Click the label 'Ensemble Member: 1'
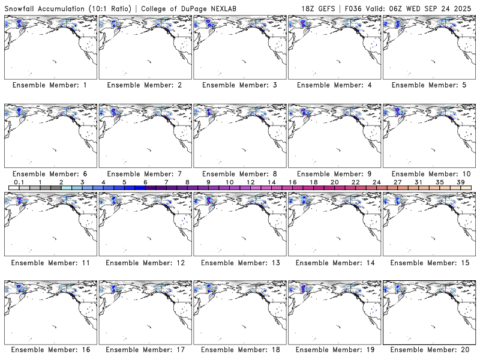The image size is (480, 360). (x=49, y=85)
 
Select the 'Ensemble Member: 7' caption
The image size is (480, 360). (x=144, y=174)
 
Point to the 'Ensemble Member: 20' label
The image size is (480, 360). (x=430, y=349)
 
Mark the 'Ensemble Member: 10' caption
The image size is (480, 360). (x=430, y=174)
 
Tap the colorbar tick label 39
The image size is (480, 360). (x=460, y=182)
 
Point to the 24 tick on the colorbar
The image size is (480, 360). (x=376, y=182)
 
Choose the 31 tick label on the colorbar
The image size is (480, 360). (x=418, y=182)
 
